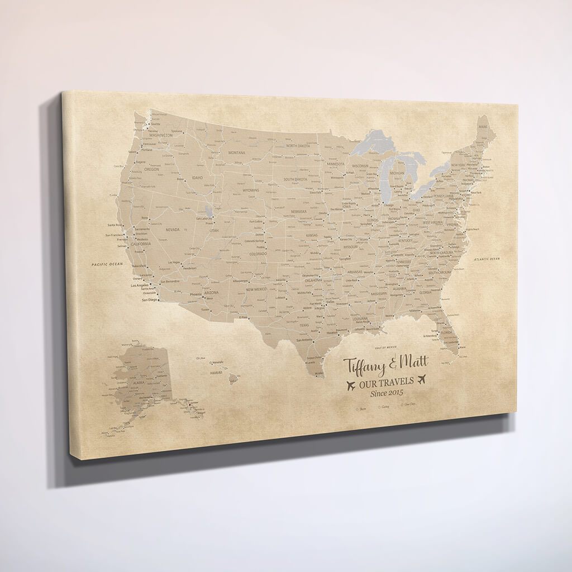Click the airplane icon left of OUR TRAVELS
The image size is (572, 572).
(351, 385)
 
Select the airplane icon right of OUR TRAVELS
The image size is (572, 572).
(422, 379)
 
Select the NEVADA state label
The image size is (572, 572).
(173, 230)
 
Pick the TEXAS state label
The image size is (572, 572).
(304, 325)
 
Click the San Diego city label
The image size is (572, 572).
(150, 300)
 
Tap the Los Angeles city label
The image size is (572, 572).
(140, 285)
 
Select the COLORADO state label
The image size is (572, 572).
(258, 254)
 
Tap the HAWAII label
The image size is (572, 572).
(216, 372)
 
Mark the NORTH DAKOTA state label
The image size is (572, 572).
(298, 146)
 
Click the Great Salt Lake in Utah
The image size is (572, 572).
(208, 211)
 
